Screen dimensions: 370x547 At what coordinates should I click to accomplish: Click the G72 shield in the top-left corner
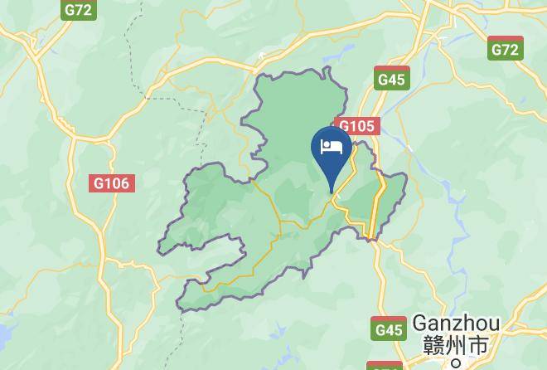point(79,9)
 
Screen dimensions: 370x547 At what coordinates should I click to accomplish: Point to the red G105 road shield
point(357,126)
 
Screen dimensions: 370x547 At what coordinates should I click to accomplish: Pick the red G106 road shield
point(111,183)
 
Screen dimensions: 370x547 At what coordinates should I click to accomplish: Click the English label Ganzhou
point(455,322)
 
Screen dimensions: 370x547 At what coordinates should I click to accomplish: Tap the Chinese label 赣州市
point(455,344)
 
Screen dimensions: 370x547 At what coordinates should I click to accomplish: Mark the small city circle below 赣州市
point(455,363)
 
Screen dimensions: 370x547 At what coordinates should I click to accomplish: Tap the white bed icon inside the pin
point(332,147)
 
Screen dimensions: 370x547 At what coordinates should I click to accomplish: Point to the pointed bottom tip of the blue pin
point(332,192)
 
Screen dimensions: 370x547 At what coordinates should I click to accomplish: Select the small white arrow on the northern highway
point(262,56)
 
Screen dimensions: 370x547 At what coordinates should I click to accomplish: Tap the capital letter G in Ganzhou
point(421,322)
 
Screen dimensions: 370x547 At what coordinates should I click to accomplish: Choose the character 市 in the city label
point(479,344)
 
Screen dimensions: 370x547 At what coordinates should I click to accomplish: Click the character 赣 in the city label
point(431,344)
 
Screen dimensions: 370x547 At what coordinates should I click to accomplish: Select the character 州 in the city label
point(455,344)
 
